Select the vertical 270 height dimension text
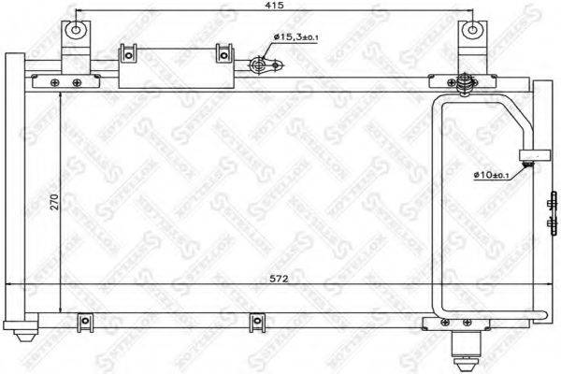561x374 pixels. [x=54, y=203]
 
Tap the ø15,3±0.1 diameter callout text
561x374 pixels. [x=297, y=36]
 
